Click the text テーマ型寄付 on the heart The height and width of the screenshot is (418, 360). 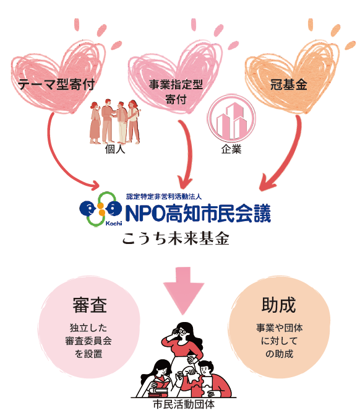(56, 84)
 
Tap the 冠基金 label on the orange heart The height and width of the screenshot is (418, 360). (289, 84)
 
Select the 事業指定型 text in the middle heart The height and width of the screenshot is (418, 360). (176, 84)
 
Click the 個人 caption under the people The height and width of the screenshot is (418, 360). (115, 149)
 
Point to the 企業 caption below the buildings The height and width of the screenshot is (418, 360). (231, 149)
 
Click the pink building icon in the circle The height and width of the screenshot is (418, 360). (231, 118)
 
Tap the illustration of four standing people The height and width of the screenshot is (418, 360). (115, 121)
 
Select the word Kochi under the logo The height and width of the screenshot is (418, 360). (114, 223)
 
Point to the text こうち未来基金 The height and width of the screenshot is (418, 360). (176, 238)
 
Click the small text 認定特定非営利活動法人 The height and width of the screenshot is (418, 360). (164, 197)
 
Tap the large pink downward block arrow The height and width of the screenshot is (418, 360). (184, 290)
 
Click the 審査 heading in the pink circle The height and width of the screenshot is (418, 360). (90, 305)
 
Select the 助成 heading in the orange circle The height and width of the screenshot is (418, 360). (278, 305)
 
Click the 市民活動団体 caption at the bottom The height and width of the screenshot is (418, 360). (184, 404)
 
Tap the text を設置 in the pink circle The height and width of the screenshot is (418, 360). (88, 354)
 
